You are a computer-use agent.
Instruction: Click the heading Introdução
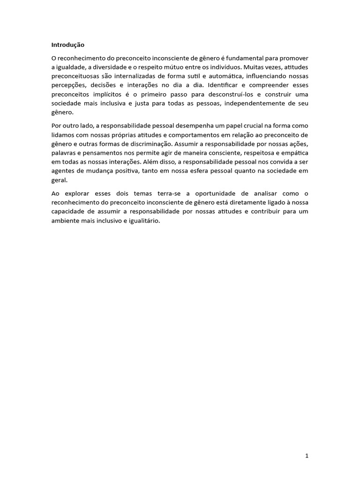67,45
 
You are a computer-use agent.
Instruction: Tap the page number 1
307,455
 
